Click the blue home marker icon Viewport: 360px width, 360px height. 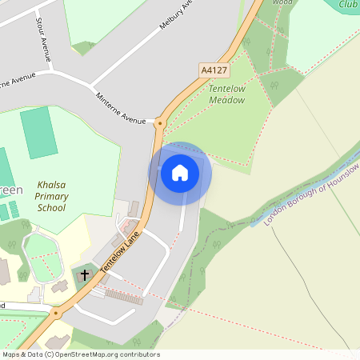pyautogui.click(x=180, y=173)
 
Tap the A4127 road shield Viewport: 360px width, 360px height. pyautogui.click(x=214, y=70)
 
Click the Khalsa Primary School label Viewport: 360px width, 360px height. pyautogui.click(x=52, y=196)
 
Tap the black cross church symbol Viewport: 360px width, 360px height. pyautogui.click(x=85, y=275)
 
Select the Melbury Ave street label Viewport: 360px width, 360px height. pyautogui.click(x=178, y=14)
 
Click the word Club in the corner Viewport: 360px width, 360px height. pyautogui.click(x=348, y=5)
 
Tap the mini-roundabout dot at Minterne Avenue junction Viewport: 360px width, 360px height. pyautogui.click(x=159, y=123)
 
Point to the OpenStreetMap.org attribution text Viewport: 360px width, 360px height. pyautogui.click(x=80, y=354)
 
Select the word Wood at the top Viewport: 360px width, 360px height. pyautogui.click(x=282, y=2)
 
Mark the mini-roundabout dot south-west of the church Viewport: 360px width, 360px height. pyautogui.click(x=55, y=314)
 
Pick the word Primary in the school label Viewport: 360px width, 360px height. pyautogui.click(x=52, y=196)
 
